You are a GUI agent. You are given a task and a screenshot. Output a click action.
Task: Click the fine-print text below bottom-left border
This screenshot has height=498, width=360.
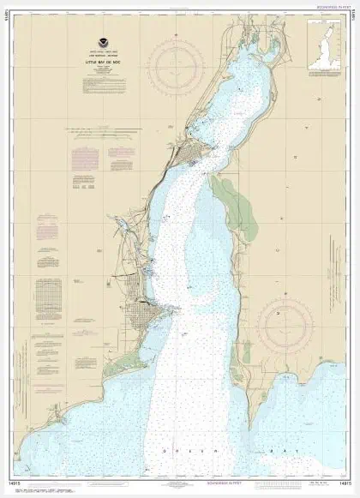pos(51,487)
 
